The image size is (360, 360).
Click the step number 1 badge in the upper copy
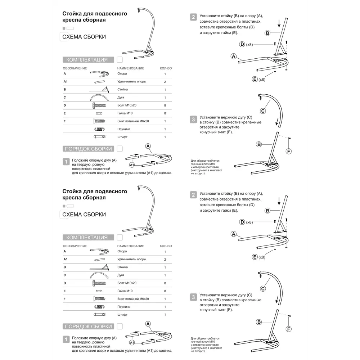[x=66, y=162]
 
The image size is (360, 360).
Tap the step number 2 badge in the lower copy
[x=194, y=195]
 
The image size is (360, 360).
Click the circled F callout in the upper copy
[x=289, y=151]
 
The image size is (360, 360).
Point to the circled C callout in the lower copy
[x=263, y=289]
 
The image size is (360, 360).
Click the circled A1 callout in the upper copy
[x=132, y=165]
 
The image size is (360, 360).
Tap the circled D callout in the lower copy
[x=242, y=222]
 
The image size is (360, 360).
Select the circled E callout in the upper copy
[x=255, y=79]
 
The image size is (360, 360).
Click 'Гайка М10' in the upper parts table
[x=125, y=113]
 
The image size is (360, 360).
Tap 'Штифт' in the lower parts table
[x=122, y=315]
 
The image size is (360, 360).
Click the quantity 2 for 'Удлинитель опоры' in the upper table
[x=165, y=82]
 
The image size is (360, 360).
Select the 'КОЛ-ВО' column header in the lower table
[x=166, y=246]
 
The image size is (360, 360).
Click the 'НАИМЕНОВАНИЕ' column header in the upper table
[x=131, y=68]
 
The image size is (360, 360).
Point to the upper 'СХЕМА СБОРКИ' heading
[x=84, y=37]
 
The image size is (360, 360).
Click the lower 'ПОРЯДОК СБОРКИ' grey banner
[x=88, y=327]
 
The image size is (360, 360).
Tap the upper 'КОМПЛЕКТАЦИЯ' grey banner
[x=87, y=60]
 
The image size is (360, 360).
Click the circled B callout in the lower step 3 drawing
[x=259, y=322]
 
